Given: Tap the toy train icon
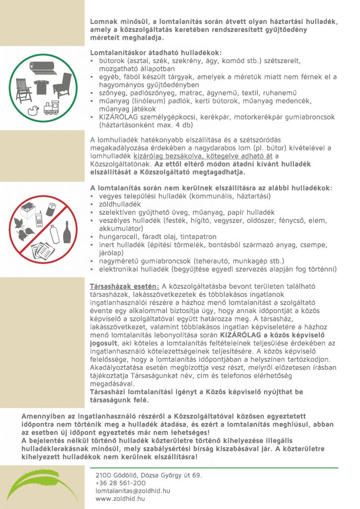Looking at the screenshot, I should click(x=51, y=109).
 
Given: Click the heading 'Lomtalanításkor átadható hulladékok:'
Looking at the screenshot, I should click(x=156, y=52).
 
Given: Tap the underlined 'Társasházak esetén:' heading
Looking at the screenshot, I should click(x=124, y=287).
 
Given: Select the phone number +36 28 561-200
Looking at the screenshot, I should click(x=120, y=483).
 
